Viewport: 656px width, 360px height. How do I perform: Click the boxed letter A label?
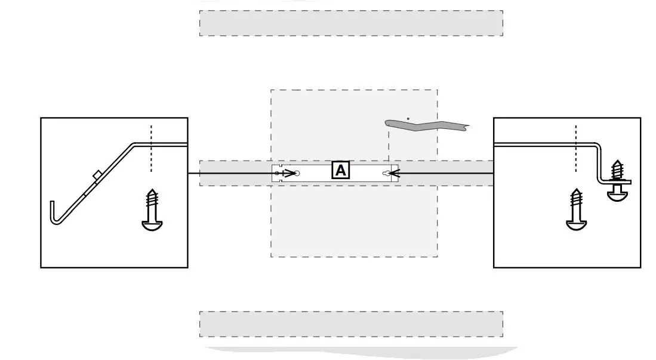click(340, 171)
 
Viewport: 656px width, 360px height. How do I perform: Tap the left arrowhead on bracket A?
click(291, 174)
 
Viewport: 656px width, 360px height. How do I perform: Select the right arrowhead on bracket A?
click(393, 174)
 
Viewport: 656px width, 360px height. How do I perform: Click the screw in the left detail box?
click(152, 209)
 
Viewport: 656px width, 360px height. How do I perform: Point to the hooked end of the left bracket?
click(54, 215)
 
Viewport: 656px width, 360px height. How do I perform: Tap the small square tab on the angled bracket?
click(97, 174)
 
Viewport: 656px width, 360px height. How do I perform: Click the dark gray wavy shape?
click(427, 125)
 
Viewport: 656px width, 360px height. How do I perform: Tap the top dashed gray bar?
click(351, 23)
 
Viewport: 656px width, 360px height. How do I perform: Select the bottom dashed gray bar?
click(351, 324)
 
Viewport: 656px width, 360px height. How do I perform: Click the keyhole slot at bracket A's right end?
click(387, 174)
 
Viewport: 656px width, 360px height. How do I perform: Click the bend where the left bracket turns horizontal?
click(134, 144)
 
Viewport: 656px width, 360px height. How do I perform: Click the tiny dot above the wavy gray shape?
click(408, 118)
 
